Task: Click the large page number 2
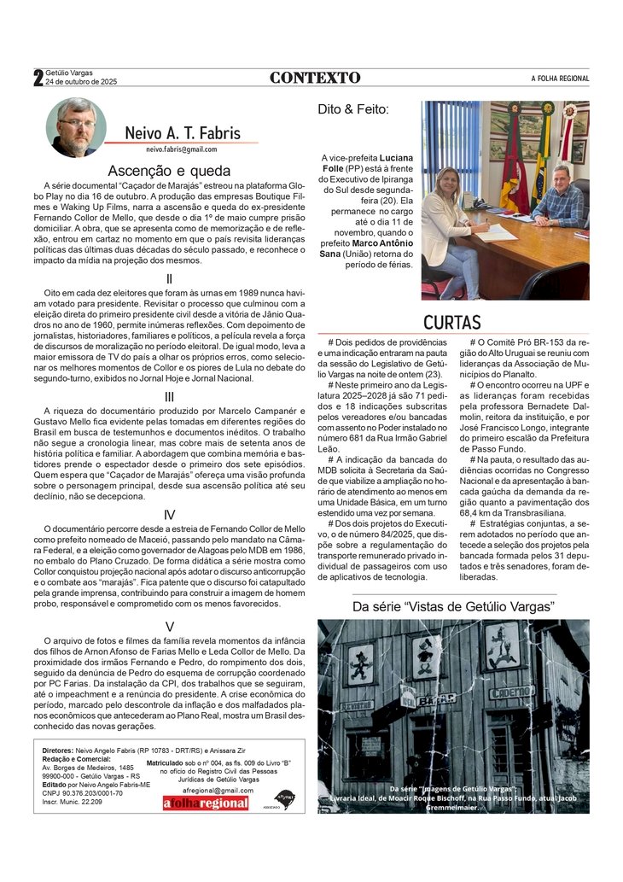(38, 79)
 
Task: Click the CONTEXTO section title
(315, 78)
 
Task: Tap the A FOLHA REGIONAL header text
(560, 79)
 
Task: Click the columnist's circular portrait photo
(76, 127)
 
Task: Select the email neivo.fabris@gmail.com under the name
(181, 149)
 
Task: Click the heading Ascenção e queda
(169, 170)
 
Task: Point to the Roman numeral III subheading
(169, 396)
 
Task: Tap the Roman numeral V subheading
(169, 627)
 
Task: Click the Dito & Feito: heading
(353, 109)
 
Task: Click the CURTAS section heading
(452, 322)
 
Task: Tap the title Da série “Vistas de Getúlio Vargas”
(453, 606)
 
